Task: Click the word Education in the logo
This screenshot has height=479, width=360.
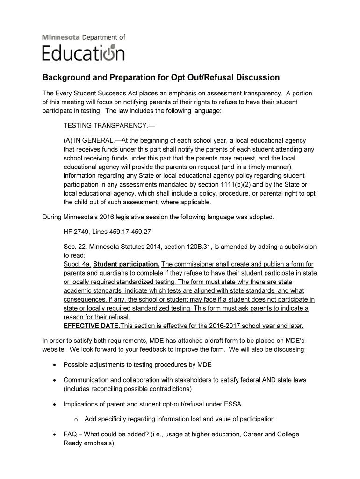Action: [x=84, y=53]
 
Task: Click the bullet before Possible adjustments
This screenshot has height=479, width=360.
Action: [x=56, y=365]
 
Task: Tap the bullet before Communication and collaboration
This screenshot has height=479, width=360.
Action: [x=56, y=380]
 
